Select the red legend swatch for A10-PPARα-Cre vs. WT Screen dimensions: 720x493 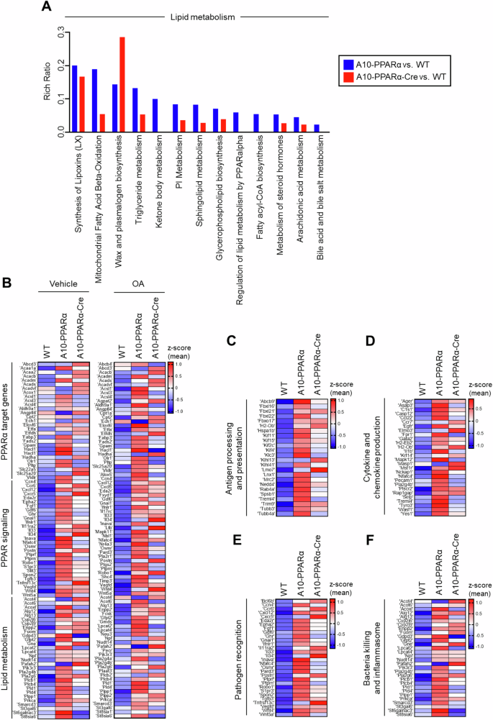(x=348, y=76)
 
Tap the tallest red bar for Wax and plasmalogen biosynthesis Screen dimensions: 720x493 (x=122, y=85)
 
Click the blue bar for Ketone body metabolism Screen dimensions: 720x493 (x=155, y=116)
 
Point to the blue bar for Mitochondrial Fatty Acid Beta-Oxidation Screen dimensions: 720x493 (x=94, y=101)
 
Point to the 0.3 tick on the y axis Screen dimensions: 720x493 (x=50, y=32)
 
